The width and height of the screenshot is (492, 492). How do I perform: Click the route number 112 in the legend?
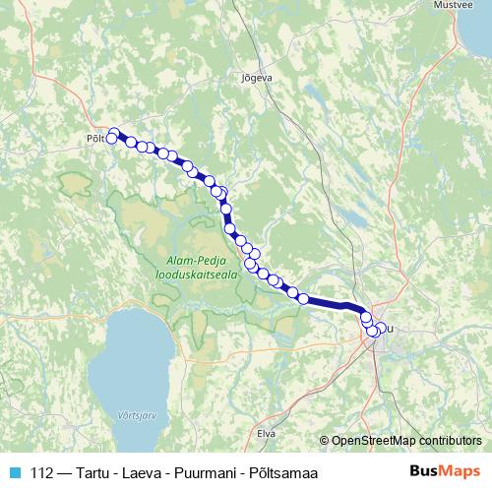(x=42, y=472)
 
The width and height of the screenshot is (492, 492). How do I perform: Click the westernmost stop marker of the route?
(x=111, y=139)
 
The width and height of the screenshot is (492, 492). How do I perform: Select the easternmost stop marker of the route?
(x=381, y=328)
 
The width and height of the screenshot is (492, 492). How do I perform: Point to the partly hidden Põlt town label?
(x=94, y=139)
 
